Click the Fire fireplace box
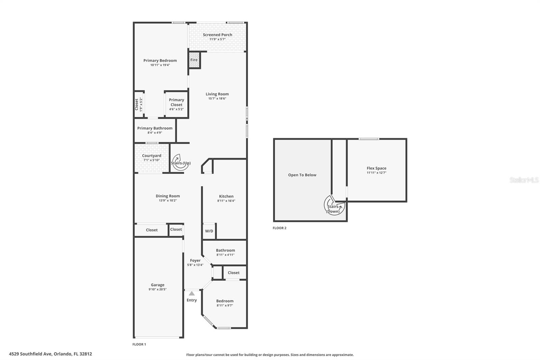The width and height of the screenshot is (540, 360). pos(194,60)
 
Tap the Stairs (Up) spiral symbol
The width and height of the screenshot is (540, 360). pos(180,162)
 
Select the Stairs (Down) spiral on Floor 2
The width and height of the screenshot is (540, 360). pos(334,206)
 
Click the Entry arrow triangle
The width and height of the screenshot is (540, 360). pos(192,293)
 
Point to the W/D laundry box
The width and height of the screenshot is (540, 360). pos(209,231)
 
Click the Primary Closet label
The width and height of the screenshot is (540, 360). pos(177,102)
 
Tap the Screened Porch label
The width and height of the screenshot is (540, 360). pos(217,35)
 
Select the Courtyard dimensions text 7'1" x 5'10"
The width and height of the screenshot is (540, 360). pos(152,160)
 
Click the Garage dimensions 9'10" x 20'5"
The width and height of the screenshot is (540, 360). pos(158,289)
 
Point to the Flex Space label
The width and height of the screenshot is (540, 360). pos(376,168)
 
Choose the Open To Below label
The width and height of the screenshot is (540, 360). pos(302,175)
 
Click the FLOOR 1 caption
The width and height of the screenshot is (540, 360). pos(139,344)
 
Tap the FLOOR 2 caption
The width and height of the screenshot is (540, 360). pos(279,228)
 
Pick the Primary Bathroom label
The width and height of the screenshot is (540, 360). pos(155,128)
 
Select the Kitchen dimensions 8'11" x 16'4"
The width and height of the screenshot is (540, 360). pos(226,201)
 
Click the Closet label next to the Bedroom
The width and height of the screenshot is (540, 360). pos(234,273)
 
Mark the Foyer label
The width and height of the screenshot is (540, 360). pos(195,260)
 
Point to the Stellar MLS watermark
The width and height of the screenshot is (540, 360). pos(524,180)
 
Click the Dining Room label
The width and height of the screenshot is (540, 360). pos(168,196)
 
